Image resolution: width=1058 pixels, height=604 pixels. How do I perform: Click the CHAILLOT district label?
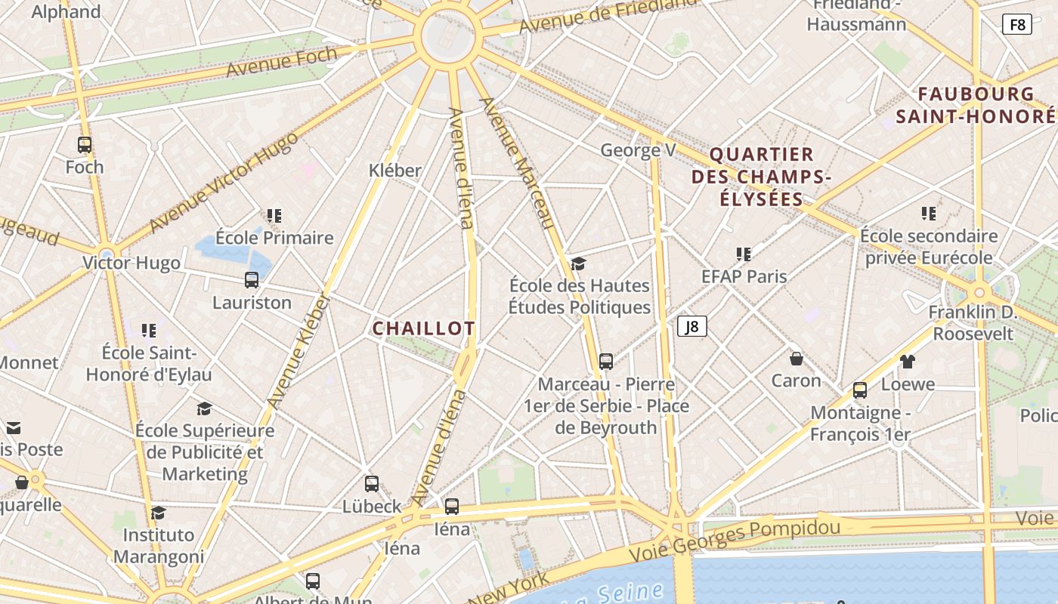(424, 328)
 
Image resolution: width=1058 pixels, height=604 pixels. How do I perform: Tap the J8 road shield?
(691, 327)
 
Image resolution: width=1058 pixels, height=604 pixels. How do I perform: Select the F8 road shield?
(1017, 25)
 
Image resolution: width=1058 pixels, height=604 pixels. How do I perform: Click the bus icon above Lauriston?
(252, 280)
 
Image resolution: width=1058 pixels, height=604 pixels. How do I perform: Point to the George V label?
(638, 150)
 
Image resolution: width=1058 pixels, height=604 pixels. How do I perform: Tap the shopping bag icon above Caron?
(796, 358)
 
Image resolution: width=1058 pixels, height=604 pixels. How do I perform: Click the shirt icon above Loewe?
(908, 362)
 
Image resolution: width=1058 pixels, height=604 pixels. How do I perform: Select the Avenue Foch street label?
(281, 60)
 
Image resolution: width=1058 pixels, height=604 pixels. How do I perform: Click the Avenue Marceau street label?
(518, 162)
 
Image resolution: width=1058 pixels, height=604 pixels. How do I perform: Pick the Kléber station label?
(394, 171)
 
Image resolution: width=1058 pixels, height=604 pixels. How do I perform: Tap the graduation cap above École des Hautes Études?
(579, 263)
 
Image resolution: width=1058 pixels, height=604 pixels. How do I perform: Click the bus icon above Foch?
(85, 145)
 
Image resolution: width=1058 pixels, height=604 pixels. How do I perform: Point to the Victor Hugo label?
(131, 263)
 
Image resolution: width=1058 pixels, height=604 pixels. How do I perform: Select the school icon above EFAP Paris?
(744, 254)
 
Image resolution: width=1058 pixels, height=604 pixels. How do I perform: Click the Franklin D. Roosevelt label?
(973, 322)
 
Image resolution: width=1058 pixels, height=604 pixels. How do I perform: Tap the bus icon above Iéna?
(452, 507)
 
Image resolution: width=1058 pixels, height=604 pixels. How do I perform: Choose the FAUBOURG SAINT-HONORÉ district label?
(976, 105)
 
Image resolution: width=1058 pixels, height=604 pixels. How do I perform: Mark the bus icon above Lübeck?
(372, 484)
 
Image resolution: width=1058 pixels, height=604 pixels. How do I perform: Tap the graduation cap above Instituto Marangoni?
(159, 513)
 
